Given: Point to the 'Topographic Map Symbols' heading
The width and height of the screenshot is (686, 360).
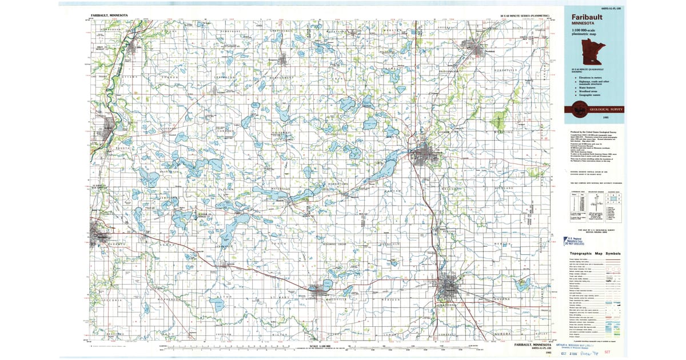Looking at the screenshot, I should pyautogui.click(x=595, y=253).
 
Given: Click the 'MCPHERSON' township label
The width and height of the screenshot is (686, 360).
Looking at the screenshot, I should pyautogui.click(x=168, y=298).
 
